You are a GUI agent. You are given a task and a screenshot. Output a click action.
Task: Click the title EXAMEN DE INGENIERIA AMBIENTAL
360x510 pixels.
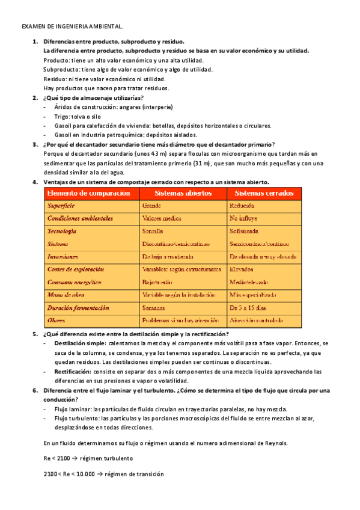pos(73,27)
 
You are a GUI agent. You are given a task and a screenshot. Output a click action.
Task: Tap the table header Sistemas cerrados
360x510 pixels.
pos(263,194)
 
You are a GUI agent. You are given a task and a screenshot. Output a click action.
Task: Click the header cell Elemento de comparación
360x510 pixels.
pos(88,194)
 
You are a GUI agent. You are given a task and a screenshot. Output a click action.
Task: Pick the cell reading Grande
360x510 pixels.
pos(151,206)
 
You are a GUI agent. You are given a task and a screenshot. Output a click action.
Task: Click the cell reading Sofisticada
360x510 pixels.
pos(244,232)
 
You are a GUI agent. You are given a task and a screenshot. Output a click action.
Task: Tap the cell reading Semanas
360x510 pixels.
pos(155,307)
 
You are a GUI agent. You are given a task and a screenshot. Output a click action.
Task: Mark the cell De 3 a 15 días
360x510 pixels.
pos(250,307)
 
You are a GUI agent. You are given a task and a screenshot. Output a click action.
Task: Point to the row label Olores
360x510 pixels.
pos(56,320)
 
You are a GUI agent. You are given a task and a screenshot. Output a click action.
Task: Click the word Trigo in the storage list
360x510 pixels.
pos(62,117)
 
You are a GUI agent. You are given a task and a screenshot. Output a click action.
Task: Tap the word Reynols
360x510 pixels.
pos(275,443)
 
